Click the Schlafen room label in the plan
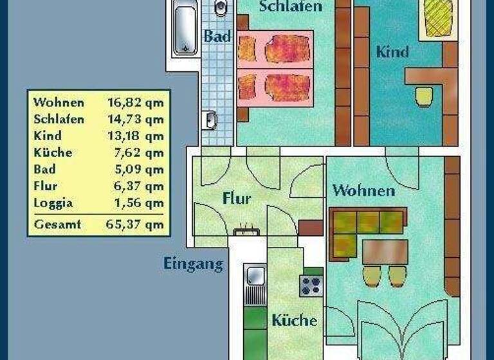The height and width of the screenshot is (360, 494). tap(290, 7)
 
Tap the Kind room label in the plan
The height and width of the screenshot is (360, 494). tap(392, 52)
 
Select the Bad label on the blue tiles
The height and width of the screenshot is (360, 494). tap(217, 37)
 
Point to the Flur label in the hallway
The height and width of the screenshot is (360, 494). tap(236, 199)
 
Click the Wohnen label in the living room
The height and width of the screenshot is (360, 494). tap(363, 191)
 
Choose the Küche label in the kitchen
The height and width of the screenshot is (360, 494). tap(294, 320)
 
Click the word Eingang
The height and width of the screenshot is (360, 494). tap(193, 264)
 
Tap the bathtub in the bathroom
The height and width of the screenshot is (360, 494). tap(185, 30)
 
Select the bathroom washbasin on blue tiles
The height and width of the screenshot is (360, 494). tap(210, 120)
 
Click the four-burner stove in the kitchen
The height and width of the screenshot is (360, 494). tap(311, 284)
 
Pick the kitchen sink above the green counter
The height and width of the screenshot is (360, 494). tap(255, 277)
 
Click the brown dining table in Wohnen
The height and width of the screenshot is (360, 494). tap(385, 251)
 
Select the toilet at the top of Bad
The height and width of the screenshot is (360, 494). tap(221, 8)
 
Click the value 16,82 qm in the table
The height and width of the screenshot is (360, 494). tap(135, 103)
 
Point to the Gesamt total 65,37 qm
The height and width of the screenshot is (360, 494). tap(135, 224)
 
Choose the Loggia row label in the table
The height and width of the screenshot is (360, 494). tap(53, 203)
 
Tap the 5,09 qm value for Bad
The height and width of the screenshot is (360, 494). tap(135, 170)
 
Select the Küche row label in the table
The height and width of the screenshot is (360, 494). tap(53, 153)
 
